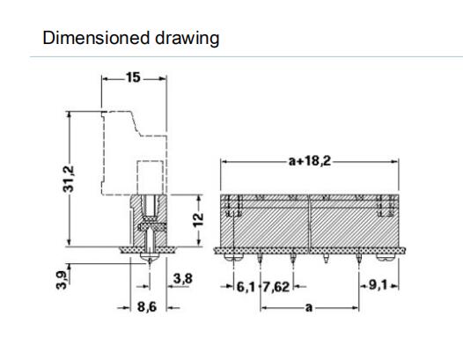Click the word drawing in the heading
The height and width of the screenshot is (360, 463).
tap(187, 39)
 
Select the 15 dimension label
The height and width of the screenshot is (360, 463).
tap(133, 77)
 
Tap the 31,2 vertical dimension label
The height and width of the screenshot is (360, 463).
tap(69, 179)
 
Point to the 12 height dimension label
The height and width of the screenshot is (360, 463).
tap(198, 220)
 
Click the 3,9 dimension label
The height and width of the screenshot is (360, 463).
tap(62, 280)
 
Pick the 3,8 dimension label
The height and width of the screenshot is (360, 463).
tap(183, 278)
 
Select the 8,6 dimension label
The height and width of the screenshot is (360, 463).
tap(147, 307)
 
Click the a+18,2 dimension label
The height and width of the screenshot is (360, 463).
tap(310, 161)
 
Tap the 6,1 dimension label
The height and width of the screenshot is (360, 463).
tap(246, 287)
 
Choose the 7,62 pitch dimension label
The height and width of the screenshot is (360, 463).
tap(276, 287)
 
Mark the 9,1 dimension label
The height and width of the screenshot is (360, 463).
tap(378, 285)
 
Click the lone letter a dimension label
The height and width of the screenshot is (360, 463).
tap(309, 308)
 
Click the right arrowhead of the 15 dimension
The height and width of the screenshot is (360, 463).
tap(164, 78)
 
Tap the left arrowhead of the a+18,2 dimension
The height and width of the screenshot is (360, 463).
tap(224, 162)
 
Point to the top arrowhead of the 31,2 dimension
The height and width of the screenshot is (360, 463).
tap(69, 114)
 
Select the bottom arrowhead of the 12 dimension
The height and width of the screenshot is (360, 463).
tap(199, 242)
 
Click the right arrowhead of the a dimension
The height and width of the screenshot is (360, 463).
tap(356, 308)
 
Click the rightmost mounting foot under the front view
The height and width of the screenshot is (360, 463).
tap(386, 258)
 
